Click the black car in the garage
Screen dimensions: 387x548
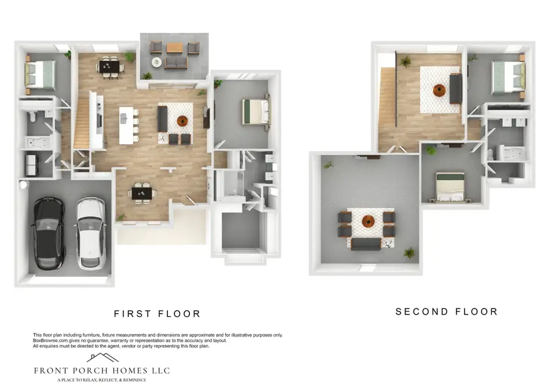point(48,233)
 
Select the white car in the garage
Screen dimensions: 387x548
point(89,233)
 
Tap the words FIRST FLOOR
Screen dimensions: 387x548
point(157,314)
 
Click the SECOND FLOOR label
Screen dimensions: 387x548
point(446,312)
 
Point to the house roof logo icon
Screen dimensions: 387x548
point(102,358)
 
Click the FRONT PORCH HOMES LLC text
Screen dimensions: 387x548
point(102,371)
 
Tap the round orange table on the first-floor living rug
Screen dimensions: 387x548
point(182,120)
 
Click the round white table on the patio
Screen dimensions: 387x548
point(157,62)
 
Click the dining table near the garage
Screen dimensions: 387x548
point(141,192)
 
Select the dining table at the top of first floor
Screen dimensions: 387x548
point(111,66)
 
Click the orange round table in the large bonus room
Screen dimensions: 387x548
point(367,222)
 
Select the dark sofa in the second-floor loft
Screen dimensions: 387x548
point(455,88)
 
